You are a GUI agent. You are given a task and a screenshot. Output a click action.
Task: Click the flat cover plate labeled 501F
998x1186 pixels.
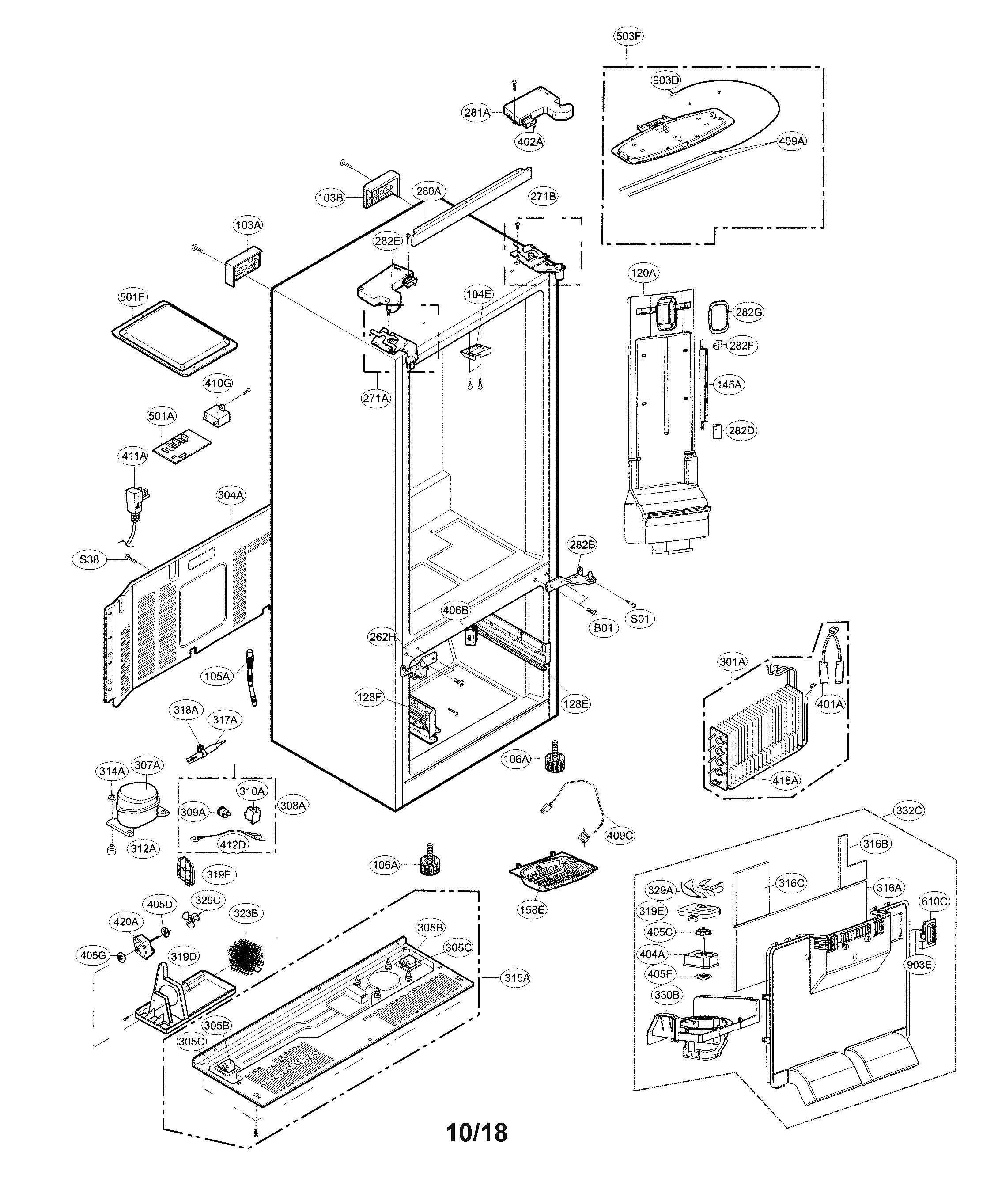[174, 338]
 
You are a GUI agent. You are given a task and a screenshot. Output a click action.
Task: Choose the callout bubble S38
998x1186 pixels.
[89, 560]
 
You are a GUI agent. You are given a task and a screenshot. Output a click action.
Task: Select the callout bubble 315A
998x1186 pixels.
[517, 977]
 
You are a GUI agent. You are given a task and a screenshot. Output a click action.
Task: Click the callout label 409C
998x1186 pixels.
[620, 835]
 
